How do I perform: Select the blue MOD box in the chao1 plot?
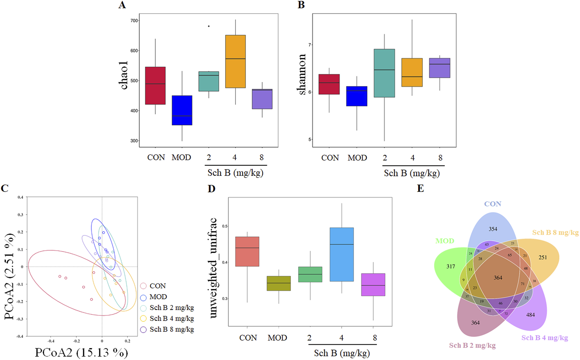point(182,110)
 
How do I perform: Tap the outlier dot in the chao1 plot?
point(209,26)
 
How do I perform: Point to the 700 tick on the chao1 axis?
point(134,21)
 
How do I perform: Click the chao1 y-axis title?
point(124,75)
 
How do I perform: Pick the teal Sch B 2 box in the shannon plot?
point(384,73)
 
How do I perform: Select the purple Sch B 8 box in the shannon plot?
point(440,68)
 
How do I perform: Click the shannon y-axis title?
point(302,74)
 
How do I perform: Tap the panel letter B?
point(301,5)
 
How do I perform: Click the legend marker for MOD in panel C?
point(144,297)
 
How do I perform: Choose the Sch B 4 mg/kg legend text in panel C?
point(172,318)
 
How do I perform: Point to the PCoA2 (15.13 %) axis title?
point(81,352)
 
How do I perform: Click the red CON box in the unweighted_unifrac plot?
point(247,251)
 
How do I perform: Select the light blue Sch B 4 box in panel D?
point(341,254)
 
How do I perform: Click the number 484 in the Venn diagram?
point(530,315)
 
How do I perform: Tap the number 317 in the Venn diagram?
point(450,266)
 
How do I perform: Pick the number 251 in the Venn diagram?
point(543,258)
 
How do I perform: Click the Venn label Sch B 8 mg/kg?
point(555,233)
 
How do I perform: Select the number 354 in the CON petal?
point(493,229)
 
